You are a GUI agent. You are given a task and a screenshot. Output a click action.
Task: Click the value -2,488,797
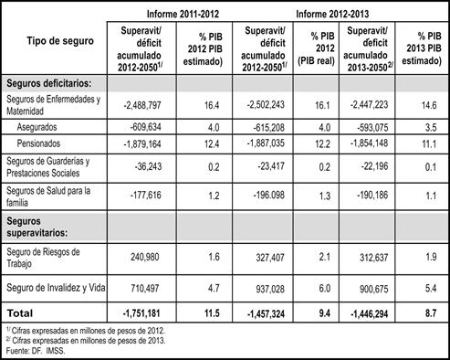point(142,105)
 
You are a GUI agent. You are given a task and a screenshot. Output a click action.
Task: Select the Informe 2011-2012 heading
point(183,14)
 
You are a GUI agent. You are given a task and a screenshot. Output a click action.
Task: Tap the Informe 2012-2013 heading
point(332,14)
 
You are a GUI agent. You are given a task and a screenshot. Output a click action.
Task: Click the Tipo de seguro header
point(60,40)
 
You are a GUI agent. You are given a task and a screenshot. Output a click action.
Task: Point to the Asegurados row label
point(37,127)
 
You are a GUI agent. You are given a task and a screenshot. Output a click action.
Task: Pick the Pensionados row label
point(38,143)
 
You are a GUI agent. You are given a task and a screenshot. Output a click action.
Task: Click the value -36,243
point(148,166)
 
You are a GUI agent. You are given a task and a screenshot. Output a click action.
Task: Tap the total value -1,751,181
point(141,313)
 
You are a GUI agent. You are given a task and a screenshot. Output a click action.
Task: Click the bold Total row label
point(19,313)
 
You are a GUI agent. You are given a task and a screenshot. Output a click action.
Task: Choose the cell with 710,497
point(145,288)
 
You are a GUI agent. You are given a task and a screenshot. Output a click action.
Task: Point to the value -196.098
point(269,195)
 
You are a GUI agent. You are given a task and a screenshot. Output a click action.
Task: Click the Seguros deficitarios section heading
point(49,83)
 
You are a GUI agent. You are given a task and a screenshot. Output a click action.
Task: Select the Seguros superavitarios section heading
point(37,227)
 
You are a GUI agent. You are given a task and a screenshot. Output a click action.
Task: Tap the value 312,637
point(374,258)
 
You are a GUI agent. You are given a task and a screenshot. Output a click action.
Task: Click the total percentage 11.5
point(212,313)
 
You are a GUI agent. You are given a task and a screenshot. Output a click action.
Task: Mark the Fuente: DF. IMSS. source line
point(36,351)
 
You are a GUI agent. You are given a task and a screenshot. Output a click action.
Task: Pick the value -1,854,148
point(370,143)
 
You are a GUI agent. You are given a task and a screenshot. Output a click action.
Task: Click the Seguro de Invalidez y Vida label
point(56,288)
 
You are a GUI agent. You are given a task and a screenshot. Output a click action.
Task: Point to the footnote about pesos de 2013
point(86,341)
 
